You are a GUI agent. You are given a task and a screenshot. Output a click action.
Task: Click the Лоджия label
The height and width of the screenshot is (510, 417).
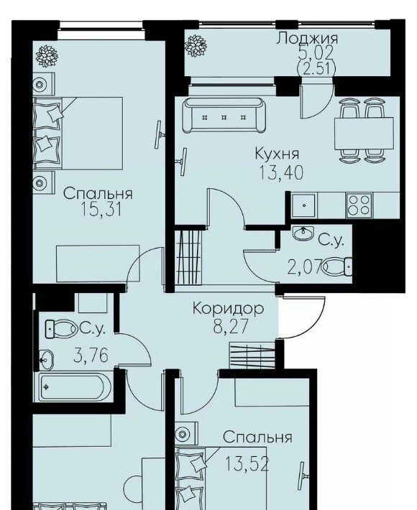coord(307,38)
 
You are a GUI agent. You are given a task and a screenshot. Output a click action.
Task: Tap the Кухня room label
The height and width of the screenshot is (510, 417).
coord(277,153)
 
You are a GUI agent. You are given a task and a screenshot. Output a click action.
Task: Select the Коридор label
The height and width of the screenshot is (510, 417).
coord(228,308)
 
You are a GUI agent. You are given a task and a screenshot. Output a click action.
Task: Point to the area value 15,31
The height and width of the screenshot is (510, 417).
coord(101,210)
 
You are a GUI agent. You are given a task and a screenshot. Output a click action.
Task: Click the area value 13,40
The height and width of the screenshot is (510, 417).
coord(281,172)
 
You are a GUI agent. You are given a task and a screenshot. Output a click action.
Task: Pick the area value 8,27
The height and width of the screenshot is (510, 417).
coord(231,326)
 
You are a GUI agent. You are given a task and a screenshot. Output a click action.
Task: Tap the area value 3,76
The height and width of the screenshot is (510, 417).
coord(91,356)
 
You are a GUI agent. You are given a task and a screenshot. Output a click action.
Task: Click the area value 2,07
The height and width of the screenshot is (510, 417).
coord(305,267)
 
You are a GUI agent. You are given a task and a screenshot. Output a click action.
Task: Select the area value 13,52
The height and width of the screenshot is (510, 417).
coord(247,464)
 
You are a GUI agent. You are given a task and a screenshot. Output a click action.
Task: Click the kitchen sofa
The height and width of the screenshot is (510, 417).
coord(224,116)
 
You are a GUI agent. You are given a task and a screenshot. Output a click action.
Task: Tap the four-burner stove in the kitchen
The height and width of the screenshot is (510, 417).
coord(359,205)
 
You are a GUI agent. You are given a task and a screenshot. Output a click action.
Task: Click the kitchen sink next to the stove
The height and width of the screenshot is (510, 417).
coord(303,205)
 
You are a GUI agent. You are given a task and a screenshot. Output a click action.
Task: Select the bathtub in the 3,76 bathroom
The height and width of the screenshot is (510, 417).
coord(75,387)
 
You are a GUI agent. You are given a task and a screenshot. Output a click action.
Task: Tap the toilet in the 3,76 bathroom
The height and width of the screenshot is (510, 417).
coord(60,328)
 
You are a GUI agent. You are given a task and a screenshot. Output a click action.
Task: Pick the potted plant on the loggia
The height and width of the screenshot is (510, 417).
coord(196,45)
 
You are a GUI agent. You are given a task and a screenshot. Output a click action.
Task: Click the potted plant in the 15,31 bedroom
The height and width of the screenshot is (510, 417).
coord(47,56)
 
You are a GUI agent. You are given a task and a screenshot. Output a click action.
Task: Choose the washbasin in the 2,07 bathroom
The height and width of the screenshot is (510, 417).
coord(303,233)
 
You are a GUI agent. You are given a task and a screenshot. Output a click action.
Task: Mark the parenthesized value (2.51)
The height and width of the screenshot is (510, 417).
coord(316,69)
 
